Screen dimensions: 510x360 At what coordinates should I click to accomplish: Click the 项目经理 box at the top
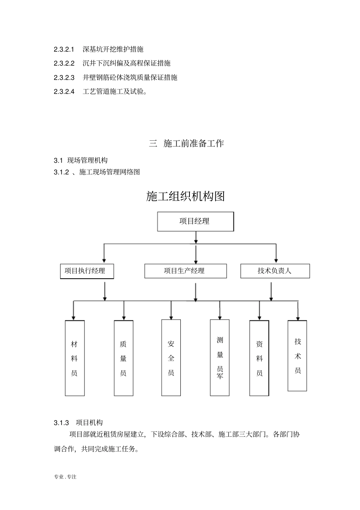[195, 221]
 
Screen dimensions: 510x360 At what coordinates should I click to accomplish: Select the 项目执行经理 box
[87, 271]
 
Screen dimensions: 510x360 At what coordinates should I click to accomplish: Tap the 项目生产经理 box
[185, 271]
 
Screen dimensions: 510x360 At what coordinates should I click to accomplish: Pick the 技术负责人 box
[275, 271]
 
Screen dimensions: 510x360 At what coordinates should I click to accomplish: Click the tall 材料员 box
[75, 358]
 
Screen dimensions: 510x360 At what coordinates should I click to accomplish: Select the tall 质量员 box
[124, 358]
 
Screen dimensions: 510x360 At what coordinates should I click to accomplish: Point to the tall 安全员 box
[171, 358]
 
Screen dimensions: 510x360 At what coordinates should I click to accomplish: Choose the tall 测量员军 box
[220, 358]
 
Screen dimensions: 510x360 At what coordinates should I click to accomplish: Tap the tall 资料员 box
[259, 358]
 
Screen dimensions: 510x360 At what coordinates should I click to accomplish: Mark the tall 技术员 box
[297, 356]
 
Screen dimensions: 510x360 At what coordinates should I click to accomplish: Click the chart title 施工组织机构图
[185, 196]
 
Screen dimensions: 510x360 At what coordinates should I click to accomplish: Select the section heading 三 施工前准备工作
[186, 144]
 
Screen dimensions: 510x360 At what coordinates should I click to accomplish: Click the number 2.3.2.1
[64, 49]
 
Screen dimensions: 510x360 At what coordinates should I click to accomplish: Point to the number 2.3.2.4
[64, 91]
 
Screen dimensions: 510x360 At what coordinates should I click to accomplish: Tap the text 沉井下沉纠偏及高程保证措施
[127, 63]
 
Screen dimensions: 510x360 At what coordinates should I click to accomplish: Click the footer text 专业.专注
[65, 477]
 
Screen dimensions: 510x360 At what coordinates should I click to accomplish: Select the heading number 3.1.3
[61, 423]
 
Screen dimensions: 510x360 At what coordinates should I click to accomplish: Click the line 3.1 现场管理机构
[81, 161]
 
